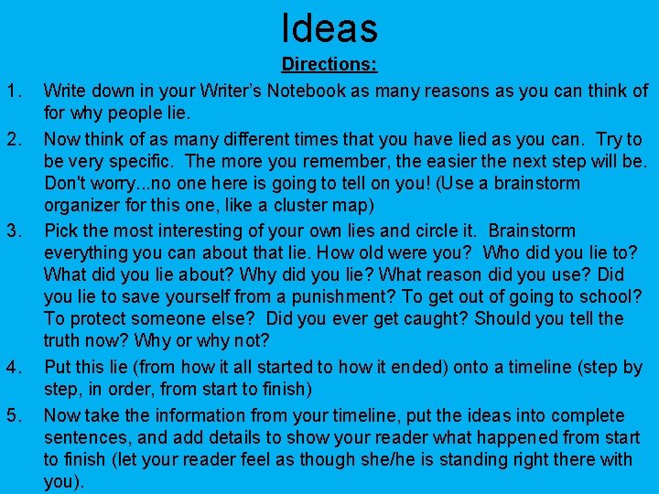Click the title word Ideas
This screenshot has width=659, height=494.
point(329,27)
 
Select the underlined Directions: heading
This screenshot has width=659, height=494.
point(329,66)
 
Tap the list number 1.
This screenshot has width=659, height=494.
point(13,91)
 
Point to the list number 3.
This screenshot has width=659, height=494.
point(13,230)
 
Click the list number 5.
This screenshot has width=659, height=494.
point(13,414)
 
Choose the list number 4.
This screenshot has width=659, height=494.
point(13,368)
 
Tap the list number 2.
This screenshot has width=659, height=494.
point(13,140)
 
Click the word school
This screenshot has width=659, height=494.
point(613,296)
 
